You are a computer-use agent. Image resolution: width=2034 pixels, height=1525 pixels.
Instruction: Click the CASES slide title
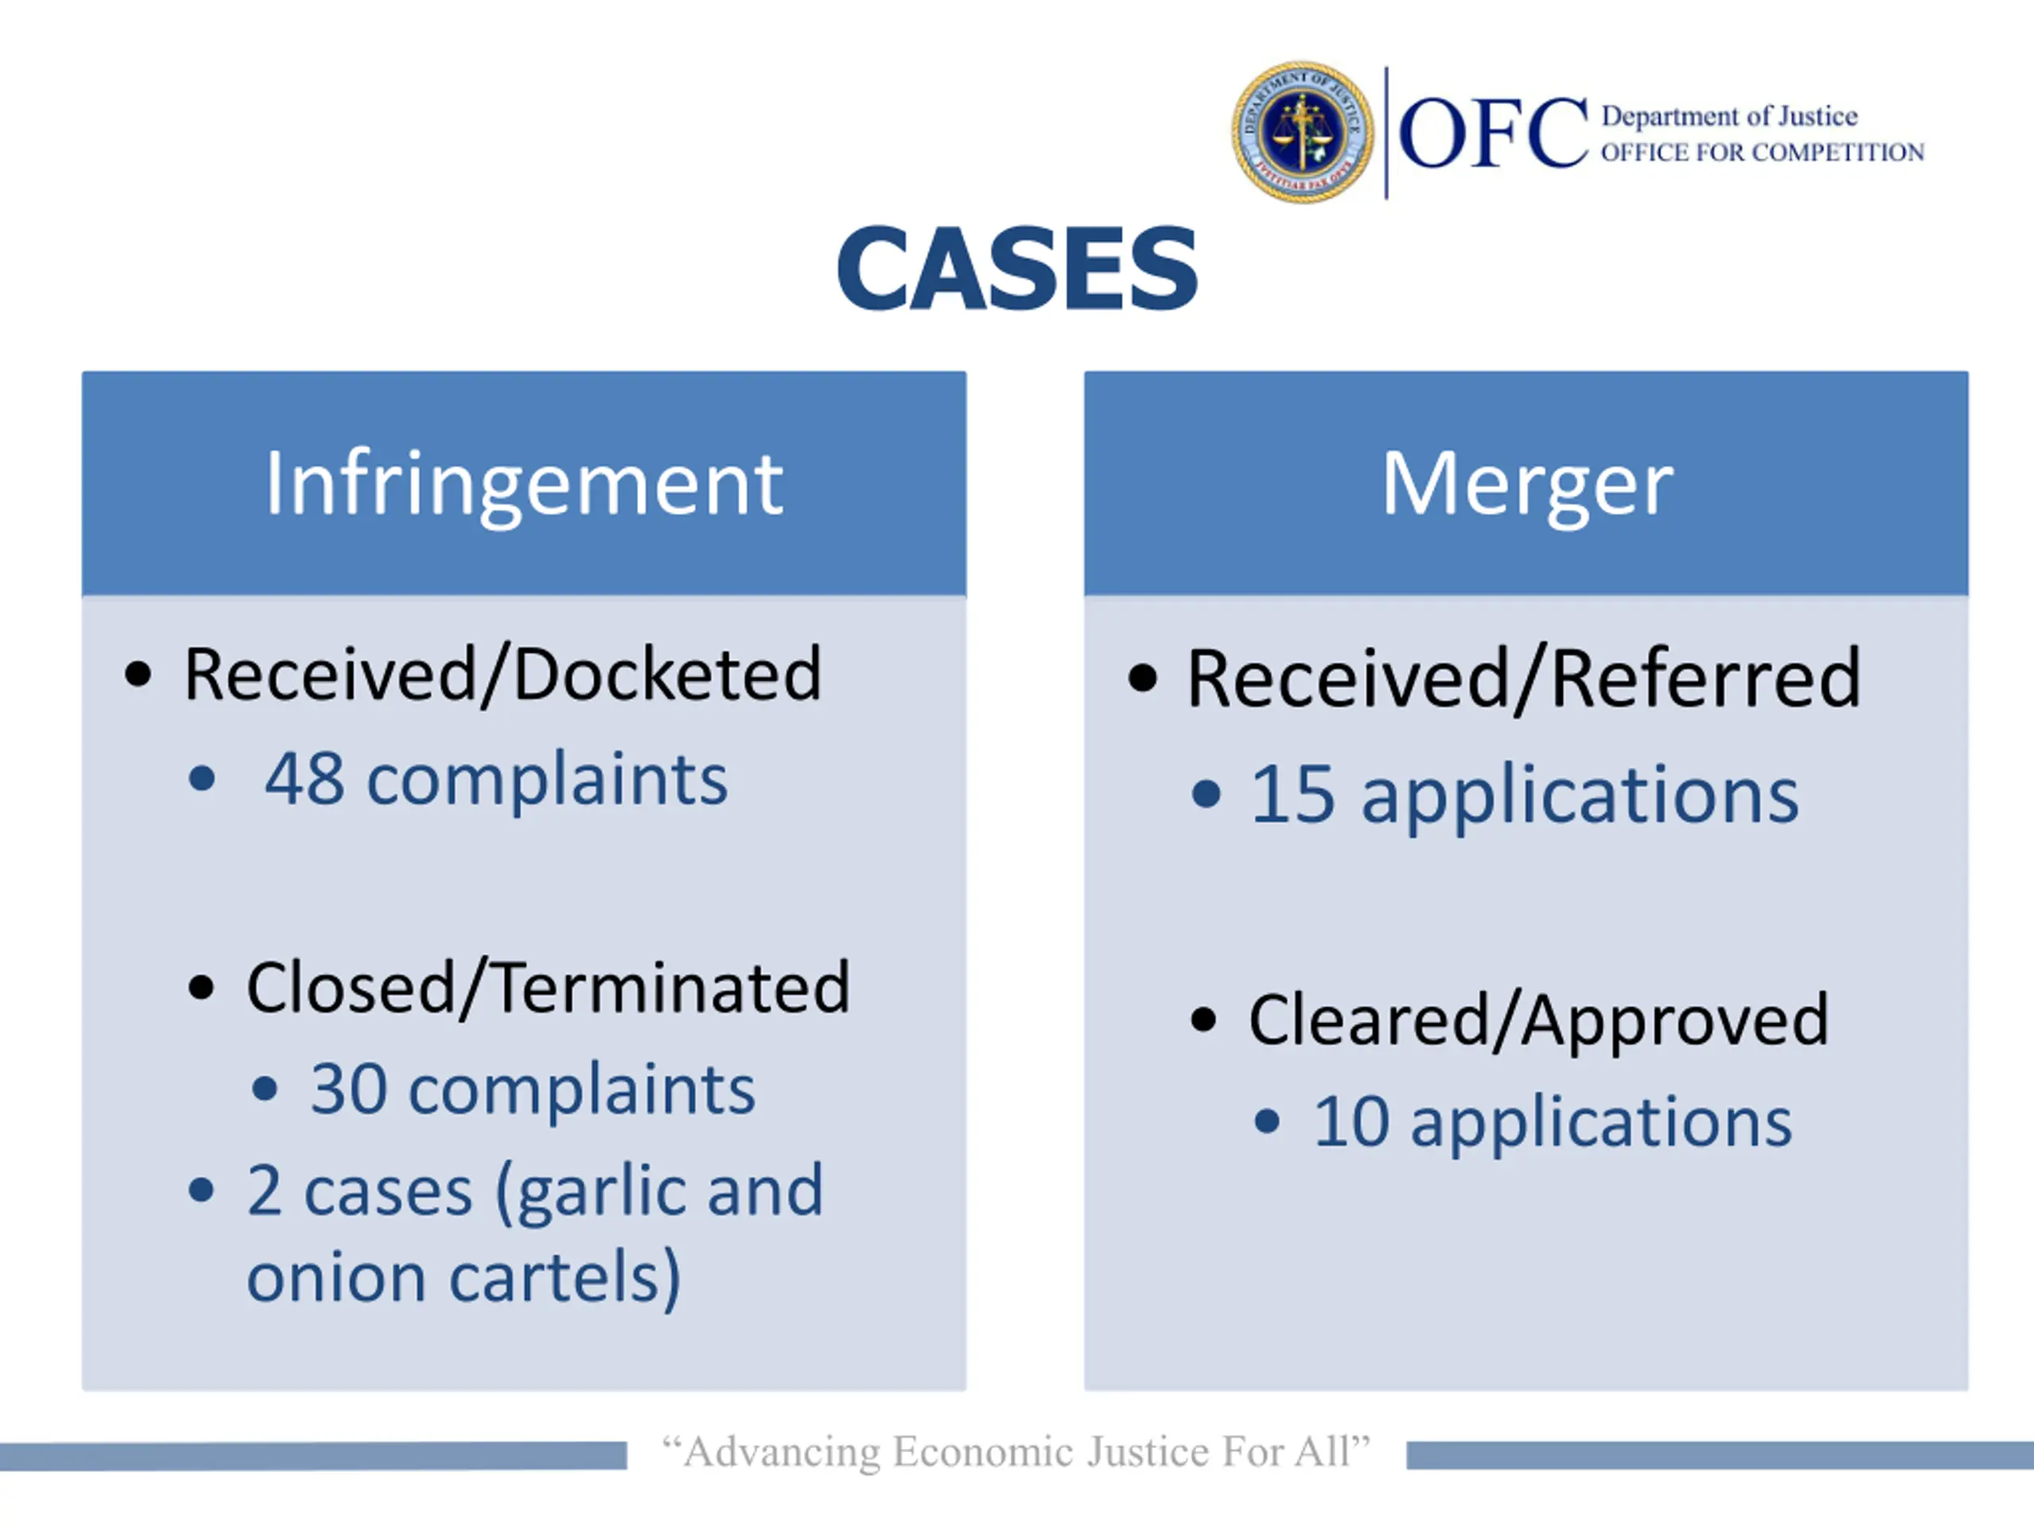[x=1017, y=268]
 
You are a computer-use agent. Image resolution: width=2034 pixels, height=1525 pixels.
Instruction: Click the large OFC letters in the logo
[x=1493, y=135]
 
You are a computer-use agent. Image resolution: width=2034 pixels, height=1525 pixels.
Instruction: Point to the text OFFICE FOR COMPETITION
[x=1761, y=152]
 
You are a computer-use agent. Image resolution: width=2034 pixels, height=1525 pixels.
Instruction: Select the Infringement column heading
[x=524, y=484]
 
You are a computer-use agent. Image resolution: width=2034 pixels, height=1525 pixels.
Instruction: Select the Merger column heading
[x=1526, y=484]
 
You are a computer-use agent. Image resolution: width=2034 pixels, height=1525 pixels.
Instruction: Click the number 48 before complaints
[x=304, y=779]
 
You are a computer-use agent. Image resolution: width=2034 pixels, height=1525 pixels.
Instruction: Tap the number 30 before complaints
[x=349, y=1089]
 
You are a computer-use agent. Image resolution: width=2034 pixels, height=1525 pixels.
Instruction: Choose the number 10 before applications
[x=1351, y=1122]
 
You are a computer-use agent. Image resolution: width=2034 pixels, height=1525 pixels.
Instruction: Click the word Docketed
[x=667, y=674]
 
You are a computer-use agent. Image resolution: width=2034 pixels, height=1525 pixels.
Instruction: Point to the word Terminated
[x=672, y=988]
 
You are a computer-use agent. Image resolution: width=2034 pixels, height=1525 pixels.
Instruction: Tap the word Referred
[x=1707, y=678]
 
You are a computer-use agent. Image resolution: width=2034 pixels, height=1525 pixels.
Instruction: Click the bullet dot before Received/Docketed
[x=138, y=674]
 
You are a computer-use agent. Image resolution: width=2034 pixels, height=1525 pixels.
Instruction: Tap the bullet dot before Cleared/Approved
[x=1203, y=1021]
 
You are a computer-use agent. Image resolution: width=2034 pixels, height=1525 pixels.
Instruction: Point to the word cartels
[x=566, y=1278]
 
